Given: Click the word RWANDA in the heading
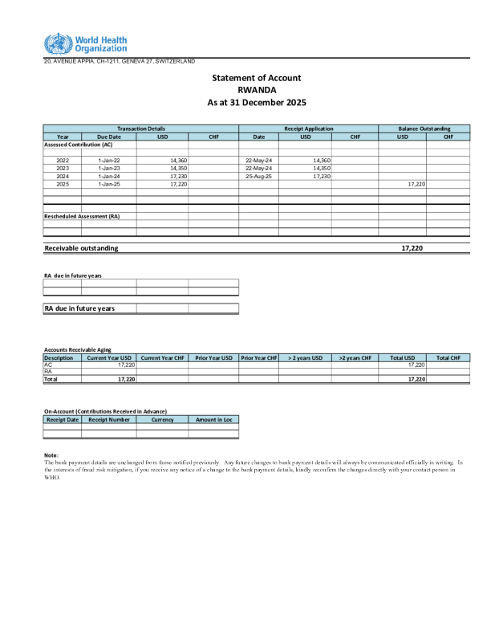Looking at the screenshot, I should pos(257,90).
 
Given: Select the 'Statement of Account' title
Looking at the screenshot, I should pos(257,78).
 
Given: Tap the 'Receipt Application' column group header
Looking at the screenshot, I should pos(308,128).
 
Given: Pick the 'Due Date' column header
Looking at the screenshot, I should pos(108,137).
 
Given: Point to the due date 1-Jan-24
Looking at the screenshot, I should pos(108,177).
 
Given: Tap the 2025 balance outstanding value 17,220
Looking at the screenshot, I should pos(416,185).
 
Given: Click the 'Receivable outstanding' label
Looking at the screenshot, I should pos(81,248).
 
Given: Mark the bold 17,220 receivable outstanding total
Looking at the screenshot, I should pos(412,248).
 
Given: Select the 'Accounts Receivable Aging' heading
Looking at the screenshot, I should pos(77,350).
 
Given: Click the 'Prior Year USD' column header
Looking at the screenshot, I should pos(213,357).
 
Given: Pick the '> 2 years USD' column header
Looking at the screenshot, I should pos(305,357).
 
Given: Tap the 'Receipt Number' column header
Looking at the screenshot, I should pos(108,419).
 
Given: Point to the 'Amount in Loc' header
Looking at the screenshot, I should pos(213,419).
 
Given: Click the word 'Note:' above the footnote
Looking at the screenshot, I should pos(51,456).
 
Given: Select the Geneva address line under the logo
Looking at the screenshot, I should pos(119,62).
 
